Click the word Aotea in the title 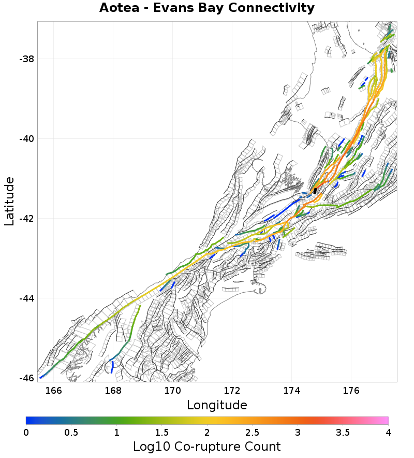(119, 8)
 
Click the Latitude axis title (9, 201)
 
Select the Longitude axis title (217, 405)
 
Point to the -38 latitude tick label (26, 59)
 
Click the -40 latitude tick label (26, 139)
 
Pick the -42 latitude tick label (26, 219)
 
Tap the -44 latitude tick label (26, 298)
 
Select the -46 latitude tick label (26, 378)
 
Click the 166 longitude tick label (53, 390)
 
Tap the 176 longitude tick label (351, 390)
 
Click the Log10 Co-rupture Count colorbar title (207, 447)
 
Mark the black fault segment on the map (315, 191)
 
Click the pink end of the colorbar (385, 421)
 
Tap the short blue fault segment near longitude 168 (112, 367)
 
